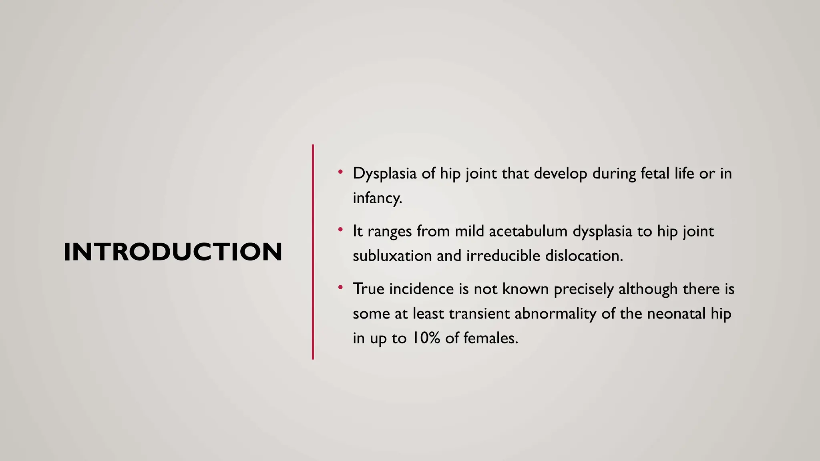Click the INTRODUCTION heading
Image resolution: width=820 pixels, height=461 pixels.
pyautogui.click(x=173, y=252)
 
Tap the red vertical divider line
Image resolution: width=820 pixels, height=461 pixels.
pyautogui.click(x=313, y=252)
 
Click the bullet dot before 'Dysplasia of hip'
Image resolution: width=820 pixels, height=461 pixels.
pyautogui.click(x=340, y=172)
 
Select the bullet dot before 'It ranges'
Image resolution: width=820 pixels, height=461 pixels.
pyautogui.click(x=340, y=230)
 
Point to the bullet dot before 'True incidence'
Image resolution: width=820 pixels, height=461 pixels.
pyautogui.click(x=340, y=287)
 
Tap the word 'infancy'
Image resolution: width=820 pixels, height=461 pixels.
pyautogui.click(x=376, y=198)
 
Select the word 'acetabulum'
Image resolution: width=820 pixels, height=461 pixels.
pyautogui.click(x=528, y=231)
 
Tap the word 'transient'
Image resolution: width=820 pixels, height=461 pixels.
pyautogui.click(x=479, y=313)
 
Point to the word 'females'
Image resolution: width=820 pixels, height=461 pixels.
pyautogui.click(x=490, y=338)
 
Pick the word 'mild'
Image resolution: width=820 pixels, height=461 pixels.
pyautogui.click(x=469, y=231)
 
